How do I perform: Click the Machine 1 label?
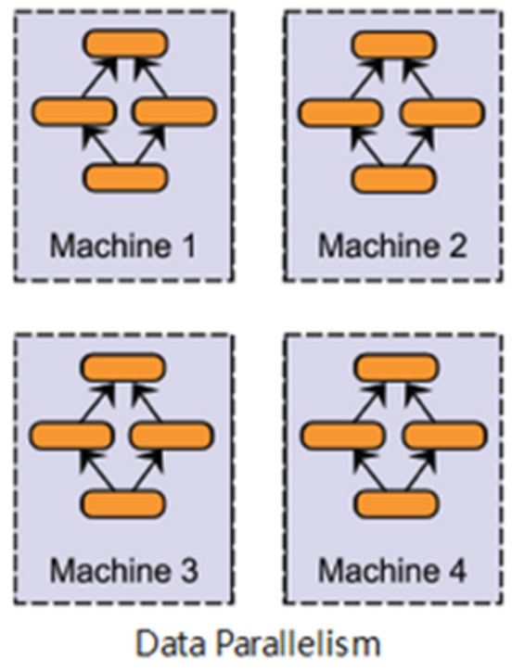click(x=123, y=246)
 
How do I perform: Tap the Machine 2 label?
click(x=392, y=246)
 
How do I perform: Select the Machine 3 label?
click(x=124, y=570)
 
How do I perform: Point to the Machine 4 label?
click(x=392, y=570)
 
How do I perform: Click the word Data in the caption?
click(x=171, y=643)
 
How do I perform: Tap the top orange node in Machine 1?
click(x=125, y=44)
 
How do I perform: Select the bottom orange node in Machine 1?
click(x=125, y=178)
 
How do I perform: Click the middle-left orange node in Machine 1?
click(x=74, y=112)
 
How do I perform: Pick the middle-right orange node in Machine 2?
click(x=442, y=113)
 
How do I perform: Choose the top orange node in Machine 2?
click(x=393, y=44)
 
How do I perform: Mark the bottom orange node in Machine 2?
click(x=393, y=179)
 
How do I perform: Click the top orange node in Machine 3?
click(x=123, y=368)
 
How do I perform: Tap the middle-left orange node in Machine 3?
click(x=71, y=436)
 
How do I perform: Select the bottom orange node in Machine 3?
click(x=123, y=503)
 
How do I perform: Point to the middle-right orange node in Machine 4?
click(x=444, y=436)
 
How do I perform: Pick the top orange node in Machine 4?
click(x=396, y=368)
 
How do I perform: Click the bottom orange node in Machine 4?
click(x=396, y=503)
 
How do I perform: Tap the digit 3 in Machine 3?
click(x=188, y=571)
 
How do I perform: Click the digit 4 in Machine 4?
click(x=456, y=571)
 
